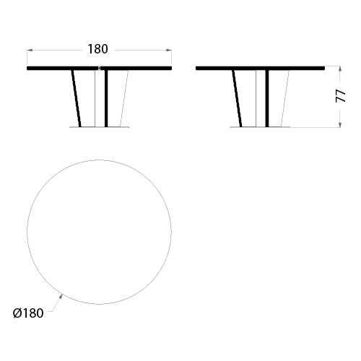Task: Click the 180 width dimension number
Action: tap(97, 49)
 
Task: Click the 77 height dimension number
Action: tap(341, 96)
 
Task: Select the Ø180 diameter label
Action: tap(28, 313)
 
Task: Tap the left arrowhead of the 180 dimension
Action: tap(30, 51)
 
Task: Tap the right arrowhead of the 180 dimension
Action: tap(169, 51)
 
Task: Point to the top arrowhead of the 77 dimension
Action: tap(340, 69)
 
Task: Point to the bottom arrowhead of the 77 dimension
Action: tap(340, 124)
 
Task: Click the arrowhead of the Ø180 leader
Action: tap(61, 297)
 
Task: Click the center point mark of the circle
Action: tap(99, 232)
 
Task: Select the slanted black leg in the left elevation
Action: tap(76, 98)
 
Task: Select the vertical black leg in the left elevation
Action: tap(106, 98)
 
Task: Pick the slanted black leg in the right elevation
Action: tap(237, 98)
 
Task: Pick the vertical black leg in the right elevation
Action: tap(267, 98)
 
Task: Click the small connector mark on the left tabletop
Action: tap(99, 69)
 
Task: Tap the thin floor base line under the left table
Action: tap(99, 127)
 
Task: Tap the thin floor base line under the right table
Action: tap(260, 127)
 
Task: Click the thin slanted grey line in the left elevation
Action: tap(124, 98)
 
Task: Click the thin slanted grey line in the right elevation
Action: tap(285, 98)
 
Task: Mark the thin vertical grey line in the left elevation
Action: tap(95, 98)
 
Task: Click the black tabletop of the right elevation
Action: tap(260, 69)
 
